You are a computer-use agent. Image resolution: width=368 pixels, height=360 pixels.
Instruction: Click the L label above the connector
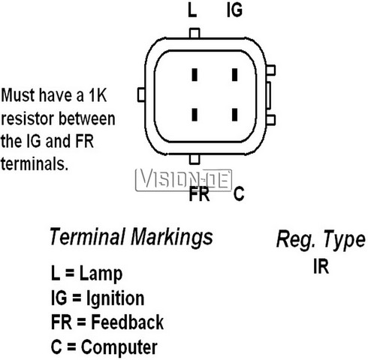pyautogui.click(x=192, y=10)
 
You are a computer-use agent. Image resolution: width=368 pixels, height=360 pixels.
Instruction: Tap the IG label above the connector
pyautogui.click(x=234, y=10)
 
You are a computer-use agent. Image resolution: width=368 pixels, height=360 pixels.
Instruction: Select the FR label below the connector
pyautogui.click(x=199, y=193)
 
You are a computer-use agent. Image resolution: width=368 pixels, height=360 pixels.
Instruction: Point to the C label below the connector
pyautogui.click(x=239, y=193)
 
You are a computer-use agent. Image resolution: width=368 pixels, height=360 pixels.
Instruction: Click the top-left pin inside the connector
pyautogui.click(x=195, y=75)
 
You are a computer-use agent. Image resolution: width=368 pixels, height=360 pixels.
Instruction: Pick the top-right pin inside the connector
pyautogui.click(x=234, y=75)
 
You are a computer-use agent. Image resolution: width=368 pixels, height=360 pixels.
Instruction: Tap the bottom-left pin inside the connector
pyautogui.click(x=195, y=115)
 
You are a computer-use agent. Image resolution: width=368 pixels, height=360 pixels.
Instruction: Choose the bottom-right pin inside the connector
pyautogui.click(x=234, y=115)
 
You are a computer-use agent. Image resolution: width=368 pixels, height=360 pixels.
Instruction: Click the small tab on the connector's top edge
pyautogui.click(x=195, y=33)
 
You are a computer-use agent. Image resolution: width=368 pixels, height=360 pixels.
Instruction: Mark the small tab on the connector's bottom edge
pyautogui.click(x=195, y=159)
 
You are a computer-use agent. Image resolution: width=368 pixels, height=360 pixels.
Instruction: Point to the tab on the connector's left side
pyautogui.click(x=141, y=94)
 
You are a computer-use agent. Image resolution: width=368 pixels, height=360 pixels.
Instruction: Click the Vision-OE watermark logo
pyautogui.click(x=183, y=180)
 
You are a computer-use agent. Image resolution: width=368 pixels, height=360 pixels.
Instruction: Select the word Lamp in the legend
pyautogui.click(x=101, y=274)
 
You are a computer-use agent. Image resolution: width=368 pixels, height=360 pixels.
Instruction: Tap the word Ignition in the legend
pyautogui.click(x=116, y=298)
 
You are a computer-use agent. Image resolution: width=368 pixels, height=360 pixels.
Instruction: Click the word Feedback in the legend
pyautogui.click(x=127, y=322)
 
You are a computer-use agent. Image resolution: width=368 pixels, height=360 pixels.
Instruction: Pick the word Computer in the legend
pyautogui.click(x=119, y=347)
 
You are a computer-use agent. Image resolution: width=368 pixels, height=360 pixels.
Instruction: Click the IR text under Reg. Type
pyautogui.click(x=321, y=266)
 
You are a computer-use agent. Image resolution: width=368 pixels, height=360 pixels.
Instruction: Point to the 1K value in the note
pyautogui.click(x=98, y=95)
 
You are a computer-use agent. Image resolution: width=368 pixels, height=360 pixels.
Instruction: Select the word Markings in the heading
pyautogui.click(x=172, y=237)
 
